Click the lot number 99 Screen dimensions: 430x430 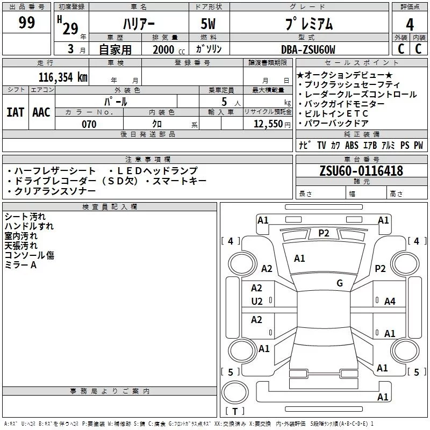tap(26, 23)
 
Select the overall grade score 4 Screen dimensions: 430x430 tap(410, 24)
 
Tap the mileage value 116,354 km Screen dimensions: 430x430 tap(62, 77)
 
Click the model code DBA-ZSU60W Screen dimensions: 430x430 tap(308, 50)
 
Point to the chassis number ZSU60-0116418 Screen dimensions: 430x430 tap(361, 171)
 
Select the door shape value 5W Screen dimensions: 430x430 tap(209, 24)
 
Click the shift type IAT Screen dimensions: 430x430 tap(15, 112)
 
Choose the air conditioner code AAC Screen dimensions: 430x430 tap(41, 112)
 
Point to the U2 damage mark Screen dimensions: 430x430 tap(257, 302)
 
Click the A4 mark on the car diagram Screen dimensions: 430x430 tap(390, 302)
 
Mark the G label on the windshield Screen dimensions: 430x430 tap(340, 283)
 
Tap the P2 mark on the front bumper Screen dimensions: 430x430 tap(324, 233)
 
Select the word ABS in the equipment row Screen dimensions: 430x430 tap(352, 146)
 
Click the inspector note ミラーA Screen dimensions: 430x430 tap(20, 265)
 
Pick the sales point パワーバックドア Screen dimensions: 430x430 tap(336, 123)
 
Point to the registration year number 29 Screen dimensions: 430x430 tap(70, 28)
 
